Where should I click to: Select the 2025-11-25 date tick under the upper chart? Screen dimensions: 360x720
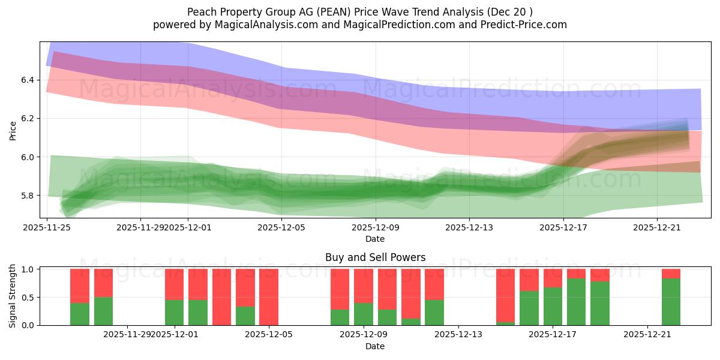[x=47, y=227]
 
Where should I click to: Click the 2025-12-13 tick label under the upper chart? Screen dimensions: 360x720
[x=469, y=227]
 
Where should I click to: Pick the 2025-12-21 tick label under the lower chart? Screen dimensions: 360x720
[x=647, y=334]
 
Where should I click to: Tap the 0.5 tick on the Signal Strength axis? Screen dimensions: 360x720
[x=29, y=298]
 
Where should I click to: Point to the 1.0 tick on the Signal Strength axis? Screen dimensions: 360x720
[x=29, y=269]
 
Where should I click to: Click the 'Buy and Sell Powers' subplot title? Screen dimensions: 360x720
[x=375, y=257]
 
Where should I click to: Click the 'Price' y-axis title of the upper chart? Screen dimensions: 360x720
[x=13, y=130]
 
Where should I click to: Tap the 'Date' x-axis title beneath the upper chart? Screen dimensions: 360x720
[x=375, y=239]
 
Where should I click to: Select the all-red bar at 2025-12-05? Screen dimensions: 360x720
[x=269, y=297]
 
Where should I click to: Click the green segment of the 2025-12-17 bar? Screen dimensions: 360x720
[x=553, y=307]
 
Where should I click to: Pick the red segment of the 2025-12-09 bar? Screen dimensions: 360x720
[x=363, y=286]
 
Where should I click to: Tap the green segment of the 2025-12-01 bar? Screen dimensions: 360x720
[x=174, y=313]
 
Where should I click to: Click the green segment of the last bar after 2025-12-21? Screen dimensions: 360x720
[x=671, y=302]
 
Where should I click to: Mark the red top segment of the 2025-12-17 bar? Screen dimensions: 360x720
[x=553, y=278]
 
